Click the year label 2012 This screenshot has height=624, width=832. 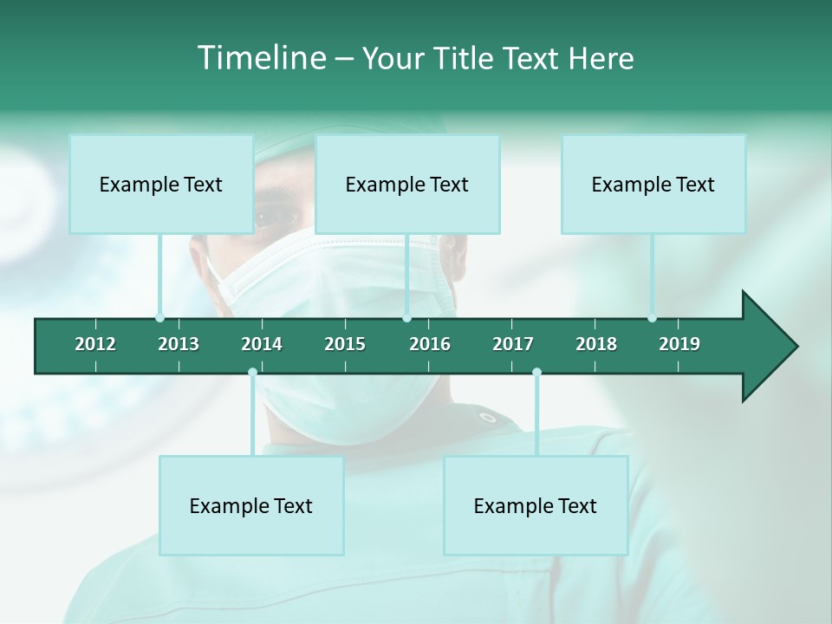(95, 344)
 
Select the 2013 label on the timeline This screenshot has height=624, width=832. (179, 344)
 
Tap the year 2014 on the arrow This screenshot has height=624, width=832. (262, 344)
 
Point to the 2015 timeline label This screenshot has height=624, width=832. (345, 344)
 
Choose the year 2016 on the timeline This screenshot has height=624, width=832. (430, 344)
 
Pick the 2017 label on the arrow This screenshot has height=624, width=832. (513, 344)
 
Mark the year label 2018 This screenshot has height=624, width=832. (596, 344)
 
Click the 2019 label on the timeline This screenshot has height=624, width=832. (679, 344)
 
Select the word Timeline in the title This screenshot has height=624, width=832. (263, 58)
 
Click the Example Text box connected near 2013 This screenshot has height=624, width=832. (161, 185)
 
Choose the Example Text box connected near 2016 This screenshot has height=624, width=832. (407, 185)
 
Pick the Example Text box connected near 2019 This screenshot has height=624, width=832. (653, 185)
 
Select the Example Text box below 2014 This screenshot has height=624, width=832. (251, 506)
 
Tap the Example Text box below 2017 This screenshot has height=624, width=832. (536, 506)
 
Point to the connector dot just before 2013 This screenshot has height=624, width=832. (159, 318)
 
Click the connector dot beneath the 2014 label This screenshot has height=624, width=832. (252, 373)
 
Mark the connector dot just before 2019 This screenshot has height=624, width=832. (653, 318)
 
